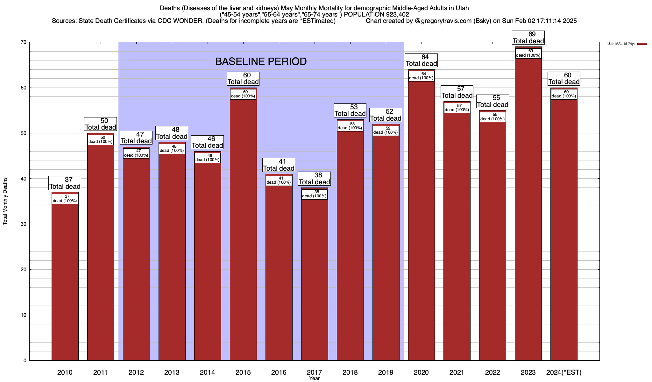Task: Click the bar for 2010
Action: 65,280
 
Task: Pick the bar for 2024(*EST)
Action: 564,229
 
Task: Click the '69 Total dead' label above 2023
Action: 528,38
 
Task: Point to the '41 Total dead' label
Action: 279,165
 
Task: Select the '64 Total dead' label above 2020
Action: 421,60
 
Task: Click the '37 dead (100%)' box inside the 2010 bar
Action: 65,199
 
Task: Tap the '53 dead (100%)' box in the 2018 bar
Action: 350,126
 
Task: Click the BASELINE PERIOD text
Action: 261,61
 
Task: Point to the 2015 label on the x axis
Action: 243,372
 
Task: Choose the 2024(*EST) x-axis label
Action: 564,372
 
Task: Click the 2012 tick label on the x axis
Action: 136,372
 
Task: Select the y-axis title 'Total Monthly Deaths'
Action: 5,201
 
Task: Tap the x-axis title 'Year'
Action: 314,378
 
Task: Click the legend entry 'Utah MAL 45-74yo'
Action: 621,44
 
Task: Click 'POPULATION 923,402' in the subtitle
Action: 376,14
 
